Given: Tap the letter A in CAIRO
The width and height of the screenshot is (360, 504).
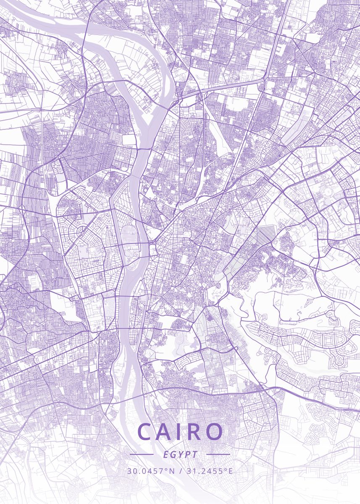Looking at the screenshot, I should [166, 432].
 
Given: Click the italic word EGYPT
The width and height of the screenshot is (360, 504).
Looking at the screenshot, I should [180, 454].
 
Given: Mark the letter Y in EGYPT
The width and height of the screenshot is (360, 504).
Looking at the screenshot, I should [180, 454].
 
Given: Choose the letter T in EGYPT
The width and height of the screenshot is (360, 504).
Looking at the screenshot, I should [194, 454].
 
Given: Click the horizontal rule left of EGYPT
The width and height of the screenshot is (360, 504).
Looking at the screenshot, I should [142, 454].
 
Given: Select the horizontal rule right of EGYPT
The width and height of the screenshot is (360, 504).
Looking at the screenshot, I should [218, 454].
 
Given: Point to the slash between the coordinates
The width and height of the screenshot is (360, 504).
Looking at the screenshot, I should [180, 471].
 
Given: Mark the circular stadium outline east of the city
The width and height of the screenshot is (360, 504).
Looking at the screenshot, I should [327, 192].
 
